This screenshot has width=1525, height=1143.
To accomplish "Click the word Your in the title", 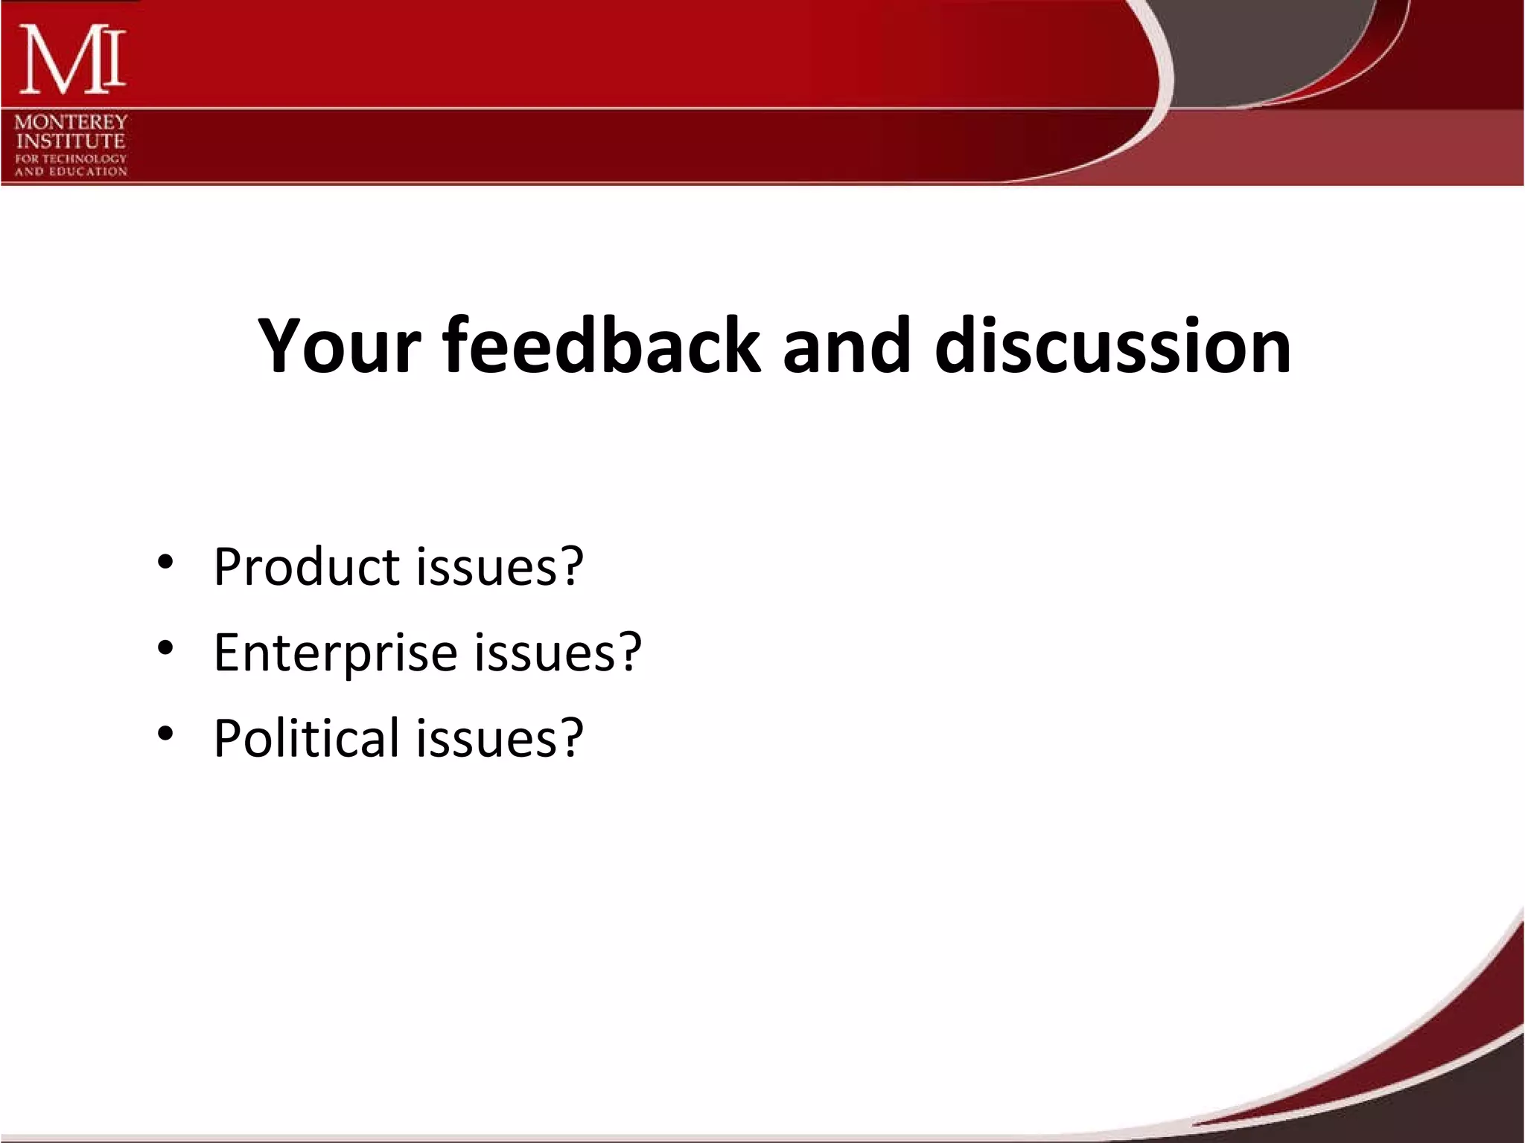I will (x=340, y=346).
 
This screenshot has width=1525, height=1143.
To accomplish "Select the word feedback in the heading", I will (x=602, y=346).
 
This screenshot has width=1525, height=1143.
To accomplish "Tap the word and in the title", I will (x=847, y=346).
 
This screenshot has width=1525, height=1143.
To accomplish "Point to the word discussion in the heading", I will (x=1112, y=346).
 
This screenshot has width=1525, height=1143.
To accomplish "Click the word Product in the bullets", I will (x=307, y=567).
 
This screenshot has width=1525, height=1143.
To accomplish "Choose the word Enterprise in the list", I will (x=335, y=653).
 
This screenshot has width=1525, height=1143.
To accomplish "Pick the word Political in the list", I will (x=307, y=738).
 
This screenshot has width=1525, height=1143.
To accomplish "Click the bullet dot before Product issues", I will (x=165, y=563).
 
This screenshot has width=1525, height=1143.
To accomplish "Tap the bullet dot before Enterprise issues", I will (x=165, y=648).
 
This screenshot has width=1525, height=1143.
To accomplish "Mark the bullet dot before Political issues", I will (x=165, y=734).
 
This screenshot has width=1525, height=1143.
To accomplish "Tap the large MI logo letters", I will (x=71, y=60).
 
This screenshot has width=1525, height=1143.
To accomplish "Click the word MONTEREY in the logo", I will (x=71, y=122).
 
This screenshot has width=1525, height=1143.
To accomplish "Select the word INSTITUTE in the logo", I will (x=71, y=141).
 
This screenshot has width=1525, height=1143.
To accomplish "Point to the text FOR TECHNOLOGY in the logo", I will (x=71, y=159).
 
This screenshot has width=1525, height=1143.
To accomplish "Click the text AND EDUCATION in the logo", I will (x=71, y=171).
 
